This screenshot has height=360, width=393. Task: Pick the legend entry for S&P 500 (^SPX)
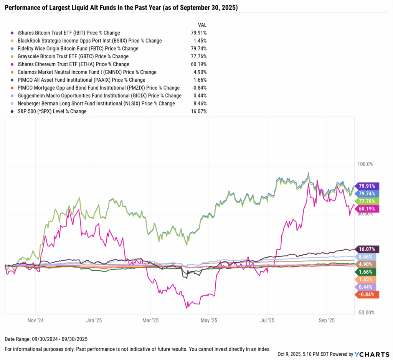53,111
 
